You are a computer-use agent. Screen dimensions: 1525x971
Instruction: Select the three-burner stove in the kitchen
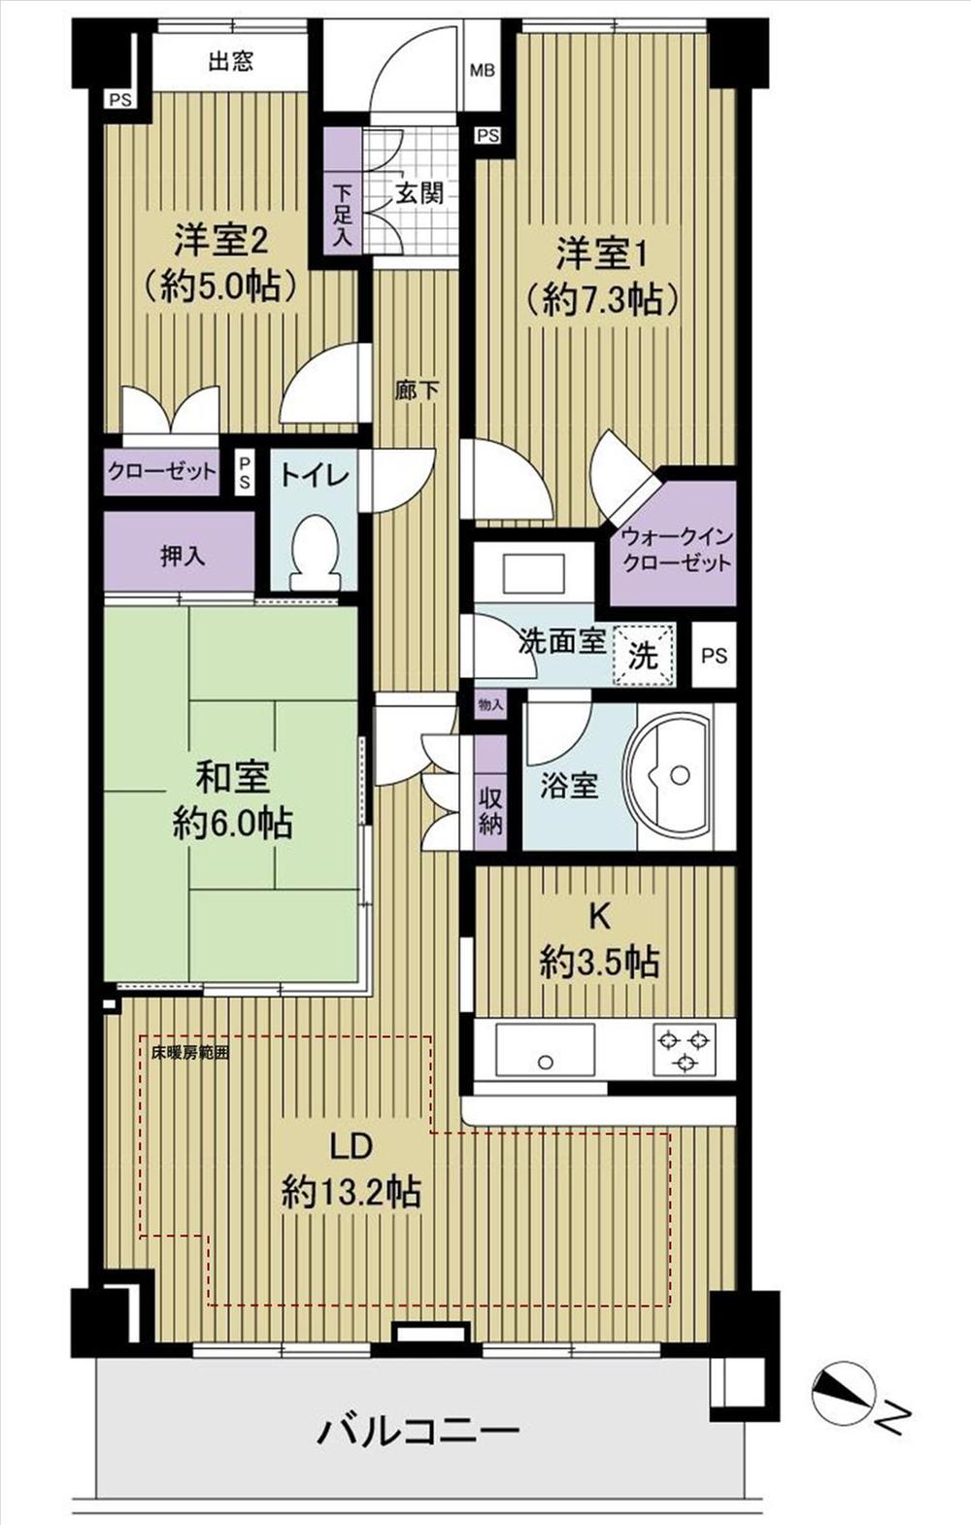[x=686, y=1049]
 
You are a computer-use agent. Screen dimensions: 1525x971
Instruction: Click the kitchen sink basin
[x=546, y=1050]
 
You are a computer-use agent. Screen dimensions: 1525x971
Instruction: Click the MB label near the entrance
[x=482, y=70]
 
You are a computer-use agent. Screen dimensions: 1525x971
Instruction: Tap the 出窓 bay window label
[x=231, y=63]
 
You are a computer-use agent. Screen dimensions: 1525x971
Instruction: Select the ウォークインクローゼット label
[x=676, y=551]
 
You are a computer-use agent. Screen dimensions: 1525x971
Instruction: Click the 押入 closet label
[x=183, y=557]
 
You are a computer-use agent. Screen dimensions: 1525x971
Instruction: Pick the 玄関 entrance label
[x=419, y=192]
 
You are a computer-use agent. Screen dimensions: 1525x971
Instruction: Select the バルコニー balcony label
[x=419, y=1431]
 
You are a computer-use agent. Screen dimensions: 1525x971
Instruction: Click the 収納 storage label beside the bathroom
[x=490, y=811]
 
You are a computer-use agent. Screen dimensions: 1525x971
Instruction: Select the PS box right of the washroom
[x=714, y=656]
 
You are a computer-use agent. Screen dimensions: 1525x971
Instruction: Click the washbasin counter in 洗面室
[x=533, y=572]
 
